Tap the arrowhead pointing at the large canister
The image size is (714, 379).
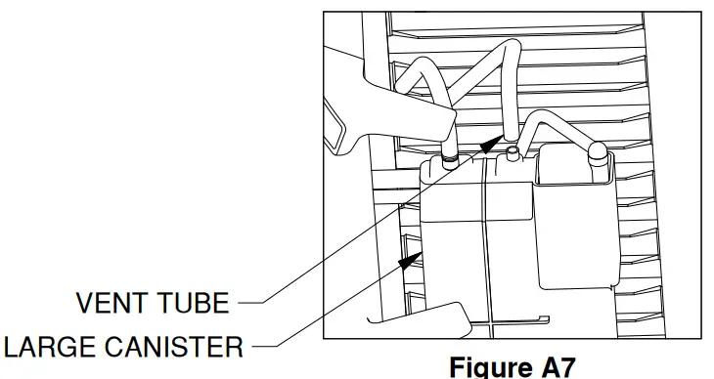[x=409, y=258]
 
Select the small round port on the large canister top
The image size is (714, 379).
[x=513, y=151]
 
